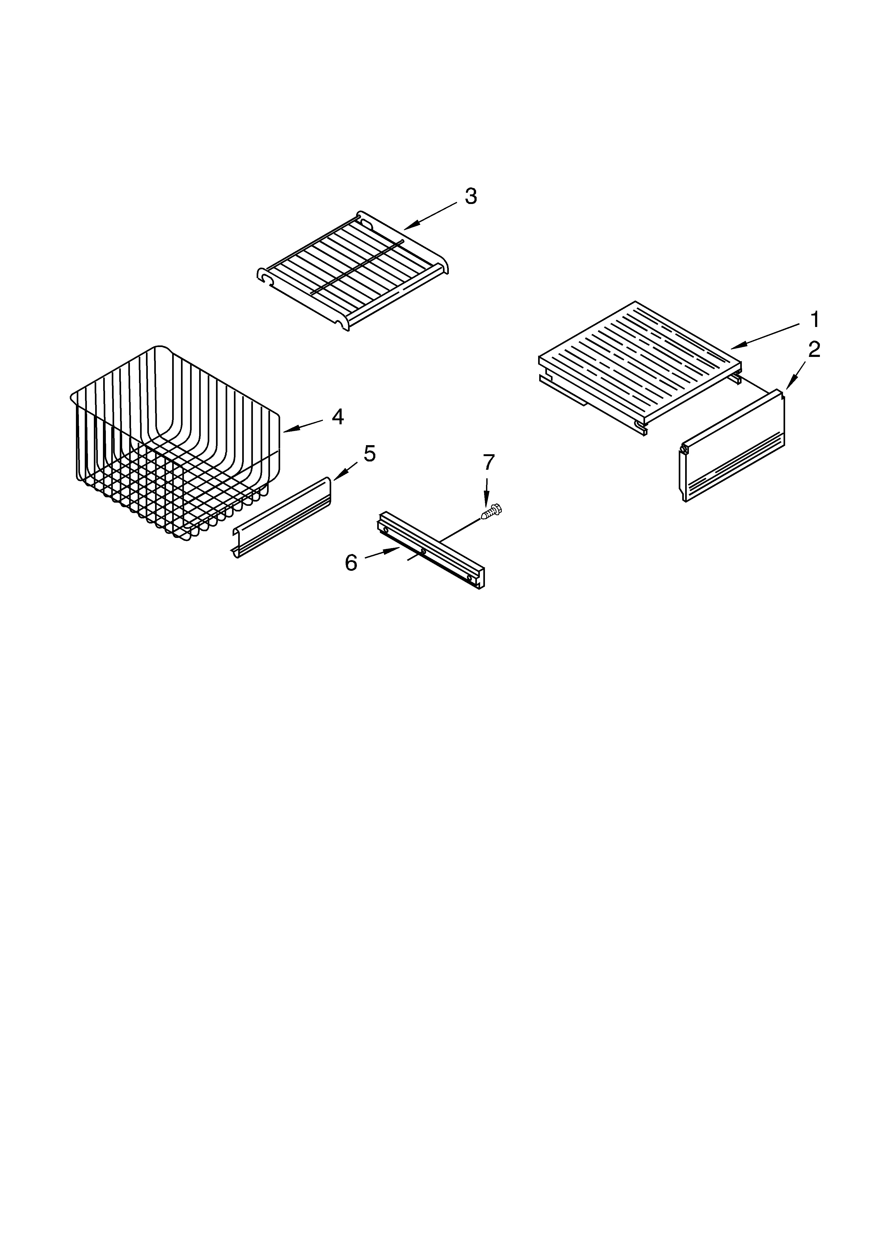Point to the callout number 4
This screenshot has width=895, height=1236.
pos(338,417)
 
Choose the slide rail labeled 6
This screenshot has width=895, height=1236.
pos(431,550)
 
